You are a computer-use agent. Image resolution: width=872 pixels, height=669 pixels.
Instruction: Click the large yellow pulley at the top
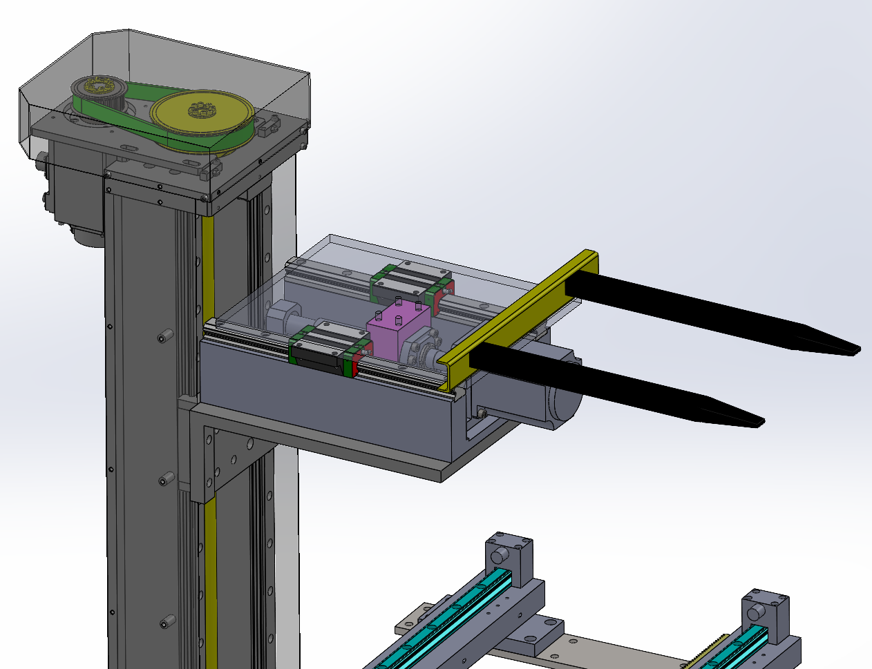click(200, 115)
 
